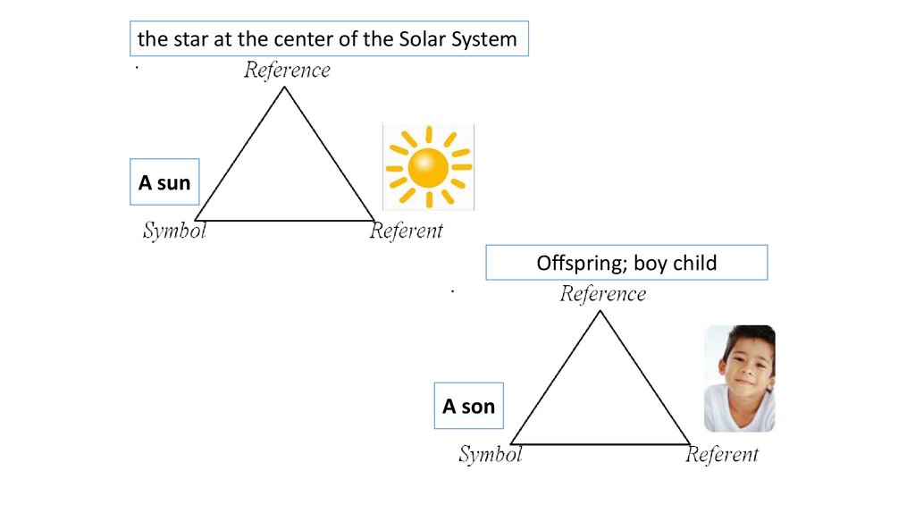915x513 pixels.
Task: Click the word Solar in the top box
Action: pyautogui.click(x=426, y=39)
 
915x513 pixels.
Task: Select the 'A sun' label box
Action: pyautogui.click(x=164, y=183)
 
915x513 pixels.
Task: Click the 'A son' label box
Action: pyautogui.click(x=468, y=407)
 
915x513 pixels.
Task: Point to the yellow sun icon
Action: pyautogui.click(x=428, y=167)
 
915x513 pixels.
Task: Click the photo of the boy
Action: pyautogui.click(x=739, y=378)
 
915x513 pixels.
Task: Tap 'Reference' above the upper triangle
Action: pyautogui.click(x=287, y=70)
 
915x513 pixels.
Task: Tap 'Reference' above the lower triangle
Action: pyautogui.click(x=602, y=293)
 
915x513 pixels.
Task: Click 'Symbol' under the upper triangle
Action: pyautogui.click(x=174, y=231)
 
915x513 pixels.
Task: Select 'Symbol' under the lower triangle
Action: pyautogui.click(x=490, y=454)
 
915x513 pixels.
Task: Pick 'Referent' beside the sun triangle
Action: pyautogui.click(x=407, y=231)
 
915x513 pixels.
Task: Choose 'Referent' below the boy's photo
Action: pyautogui.click(x=722, y=454)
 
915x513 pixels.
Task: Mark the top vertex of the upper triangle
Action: pyautogui.click(x=285, y=88)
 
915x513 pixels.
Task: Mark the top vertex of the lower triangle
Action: pyautogui.click(x=600, y=311)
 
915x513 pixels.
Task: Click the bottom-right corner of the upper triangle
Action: pyautogui.click(x=374, y=220)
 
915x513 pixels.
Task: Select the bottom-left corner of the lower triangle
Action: pyautogui.click(x=511, y=443)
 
